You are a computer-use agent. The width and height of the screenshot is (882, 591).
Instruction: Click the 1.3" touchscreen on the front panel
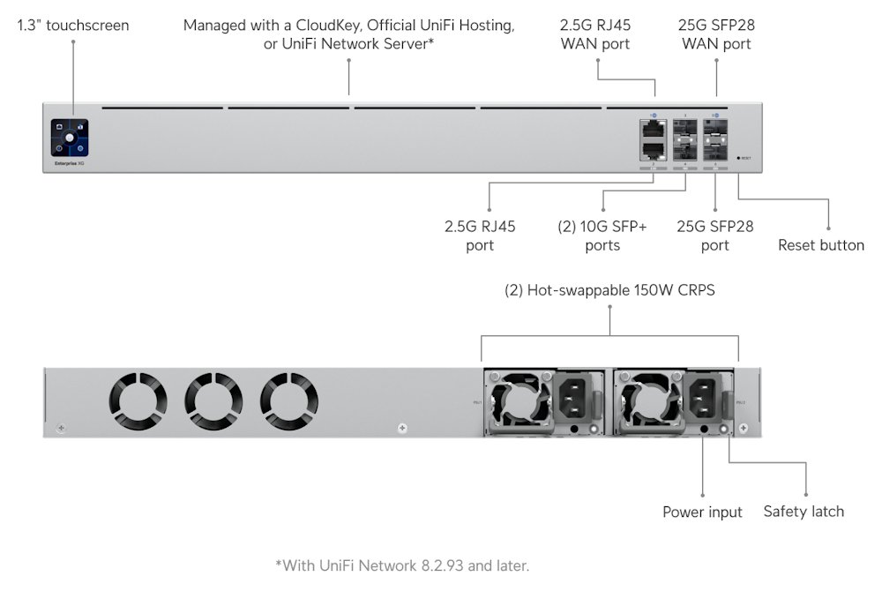coord(71,138)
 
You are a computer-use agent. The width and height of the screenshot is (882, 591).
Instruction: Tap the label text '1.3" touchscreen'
coord(73,26)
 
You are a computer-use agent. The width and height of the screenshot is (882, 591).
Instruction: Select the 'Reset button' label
coord(820,245)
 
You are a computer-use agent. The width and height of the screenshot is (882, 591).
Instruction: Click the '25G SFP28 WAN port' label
coord(715,34)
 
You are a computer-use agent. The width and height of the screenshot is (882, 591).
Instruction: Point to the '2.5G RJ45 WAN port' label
coord(595,34)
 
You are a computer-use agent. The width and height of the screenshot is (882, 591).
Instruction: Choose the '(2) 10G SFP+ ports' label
coord(602,236)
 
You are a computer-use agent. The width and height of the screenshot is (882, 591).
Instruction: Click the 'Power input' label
coord(702,512)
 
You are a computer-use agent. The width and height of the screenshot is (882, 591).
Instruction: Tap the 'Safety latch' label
coord(804,512)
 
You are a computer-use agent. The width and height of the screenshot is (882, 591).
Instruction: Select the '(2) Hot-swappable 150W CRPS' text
coord(609,290)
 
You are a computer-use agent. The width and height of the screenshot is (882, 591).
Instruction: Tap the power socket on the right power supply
coord(705,399)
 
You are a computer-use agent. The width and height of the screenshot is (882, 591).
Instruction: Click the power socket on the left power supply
coord(574,399)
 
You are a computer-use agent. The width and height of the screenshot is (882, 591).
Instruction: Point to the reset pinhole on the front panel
coord(739,158)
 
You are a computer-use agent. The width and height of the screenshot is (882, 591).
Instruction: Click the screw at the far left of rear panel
coord(61,429)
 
